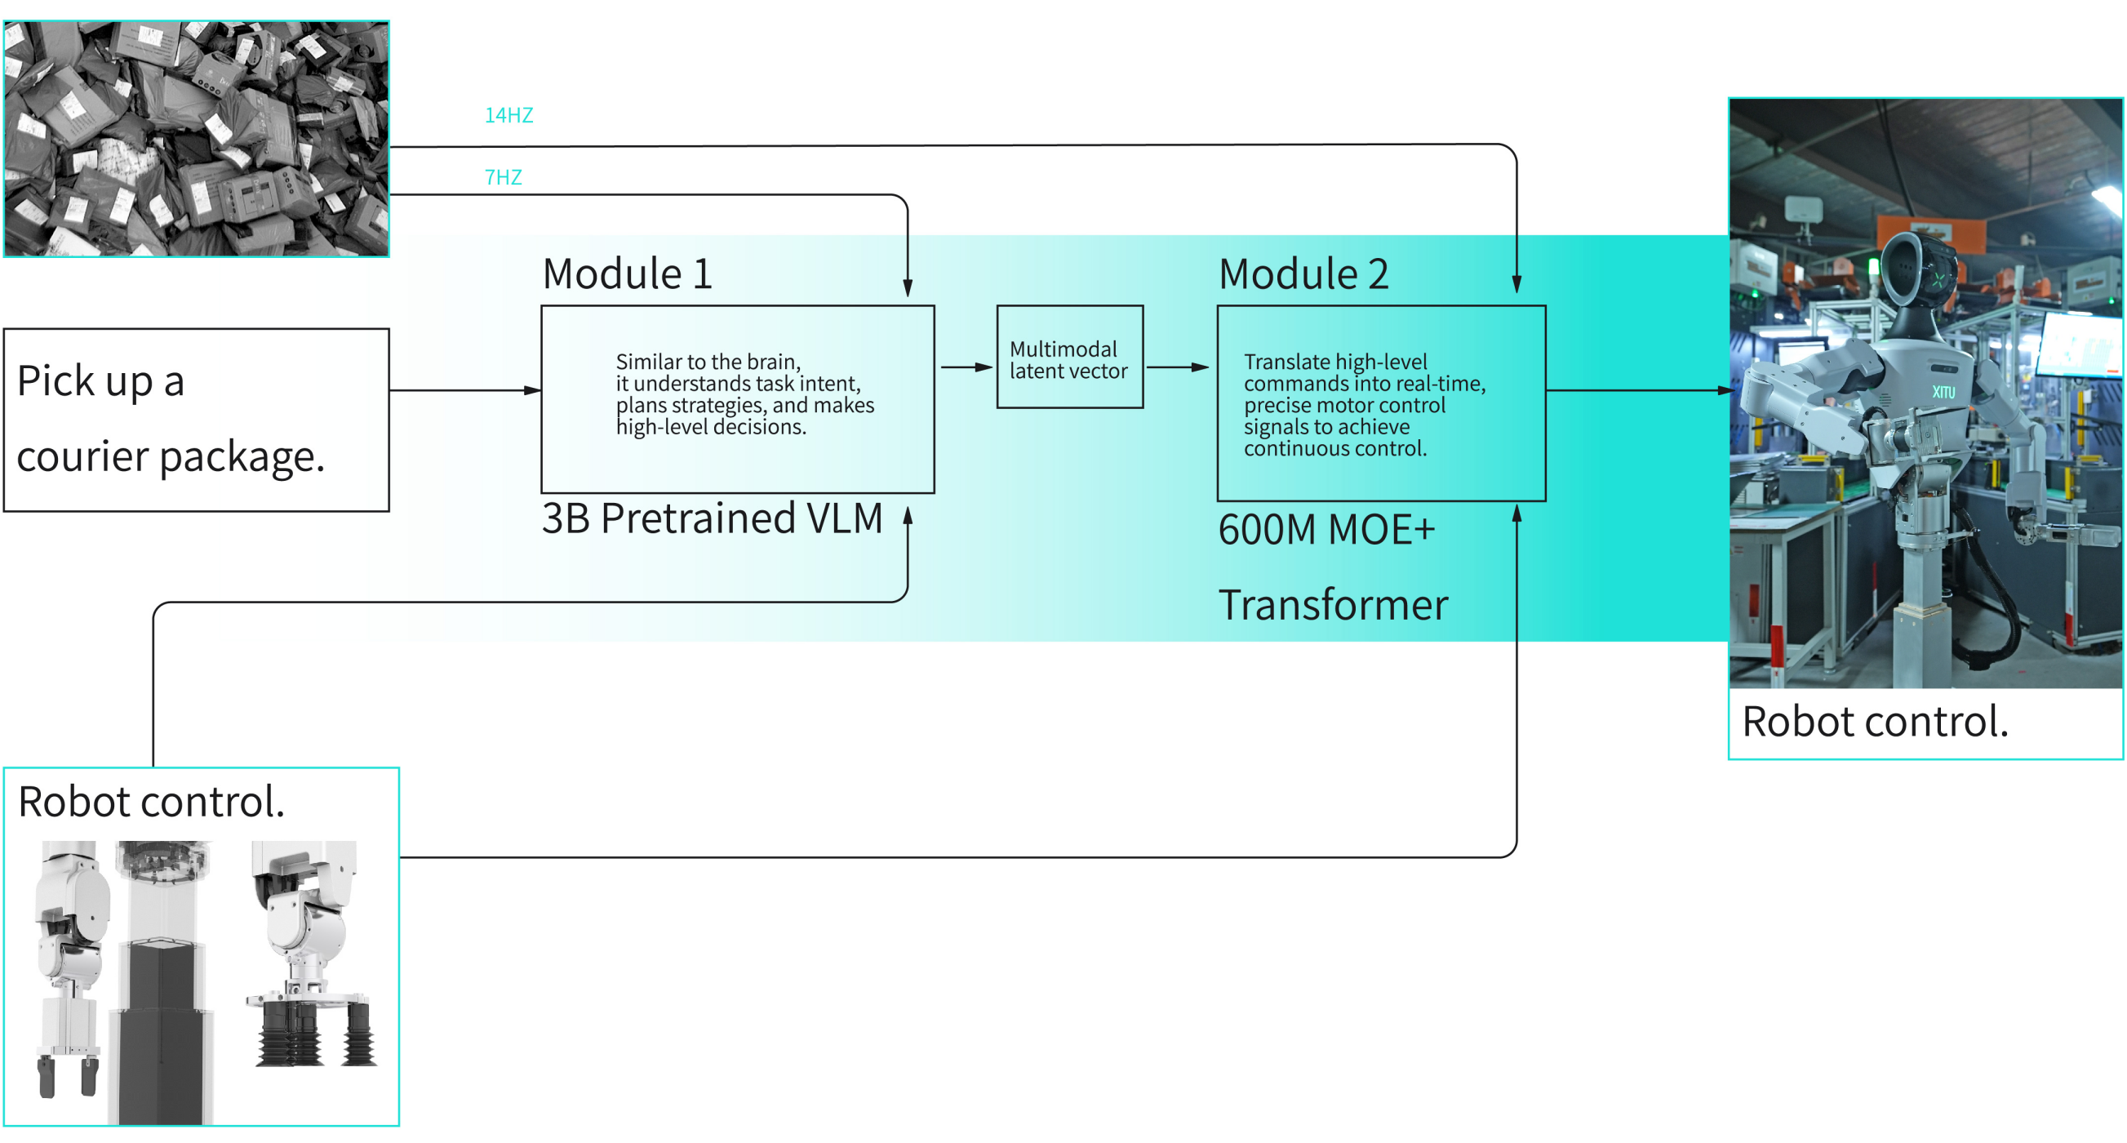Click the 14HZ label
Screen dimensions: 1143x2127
508,115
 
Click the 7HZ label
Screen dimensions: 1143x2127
503,176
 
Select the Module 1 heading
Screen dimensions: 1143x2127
627,274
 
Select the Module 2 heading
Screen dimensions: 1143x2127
1303,274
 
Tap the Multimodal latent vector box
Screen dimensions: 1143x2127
1069,358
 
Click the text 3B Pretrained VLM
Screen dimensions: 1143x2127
712,518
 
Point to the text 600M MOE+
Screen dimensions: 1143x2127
1326,529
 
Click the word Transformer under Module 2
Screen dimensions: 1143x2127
1333,604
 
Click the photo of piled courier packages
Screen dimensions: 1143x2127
196,139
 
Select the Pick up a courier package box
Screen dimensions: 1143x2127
196,420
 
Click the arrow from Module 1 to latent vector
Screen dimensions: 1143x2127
966,367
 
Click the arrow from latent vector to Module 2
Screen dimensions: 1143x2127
1177,367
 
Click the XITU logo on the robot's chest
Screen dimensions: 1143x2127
1943,391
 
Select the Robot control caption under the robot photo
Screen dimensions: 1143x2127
1874,721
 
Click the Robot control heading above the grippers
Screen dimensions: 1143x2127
151,801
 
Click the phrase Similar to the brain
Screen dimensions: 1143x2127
708,362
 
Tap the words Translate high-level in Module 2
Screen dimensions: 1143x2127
1334,362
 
